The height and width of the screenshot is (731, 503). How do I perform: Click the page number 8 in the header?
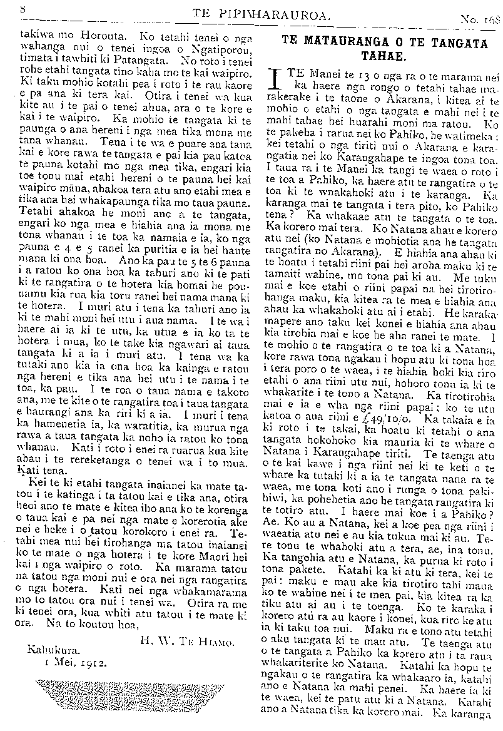(23, 10)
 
